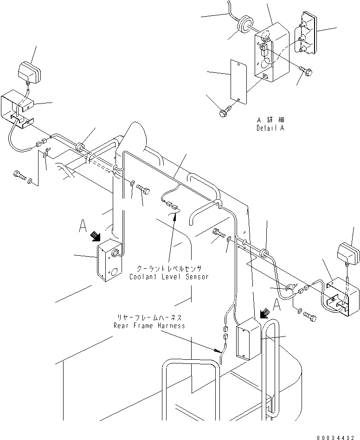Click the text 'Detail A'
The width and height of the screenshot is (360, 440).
click(x=270, y=128)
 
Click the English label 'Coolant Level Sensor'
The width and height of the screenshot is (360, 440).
click(x=169, y=277)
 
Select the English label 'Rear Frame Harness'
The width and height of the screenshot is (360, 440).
click(x=149, y=326)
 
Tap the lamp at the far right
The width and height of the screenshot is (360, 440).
click(x=348, y=254)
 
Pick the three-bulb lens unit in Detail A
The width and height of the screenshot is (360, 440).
click(x=305, y=33)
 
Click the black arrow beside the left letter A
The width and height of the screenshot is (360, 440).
click(x=95, y=236)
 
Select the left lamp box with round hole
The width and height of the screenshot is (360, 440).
click(x=109, y=260)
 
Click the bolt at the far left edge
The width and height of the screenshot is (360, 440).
click(x=19, y=175)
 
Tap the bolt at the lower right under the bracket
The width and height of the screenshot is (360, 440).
click(x=310, y=317)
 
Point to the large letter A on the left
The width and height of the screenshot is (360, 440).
click(x=83, y=226)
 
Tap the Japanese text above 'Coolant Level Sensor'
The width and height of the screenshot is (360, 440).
click(x=169, y=268)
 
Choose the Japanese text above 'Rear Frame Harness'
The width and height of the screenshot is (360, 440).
click(x=149, y=317)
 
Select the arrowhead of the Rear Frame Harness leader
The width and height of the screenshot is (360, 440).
click(x=218, y=350)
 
